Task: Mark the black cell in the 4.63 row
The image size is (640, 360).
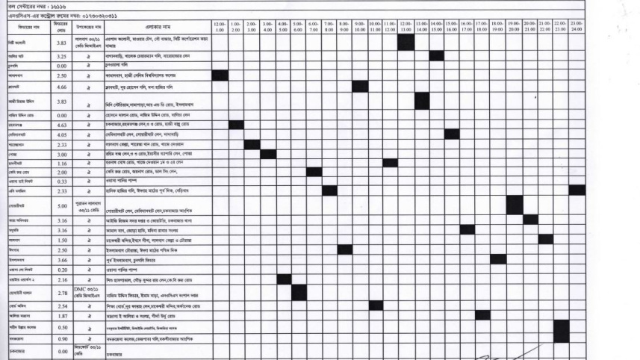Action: pyautogui.click(x=235, y=124)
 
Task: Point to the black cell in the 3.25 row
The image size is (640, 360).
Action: pyautogui.click(x=437, y=56)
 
